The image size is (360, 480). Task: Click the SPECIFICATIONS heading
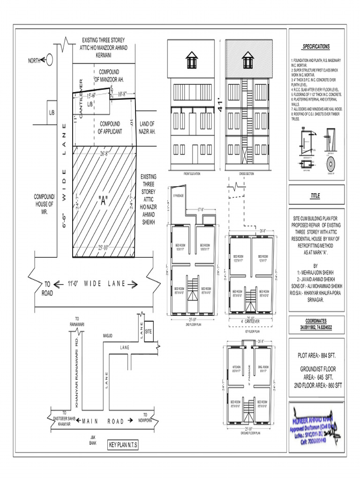coord(316,46)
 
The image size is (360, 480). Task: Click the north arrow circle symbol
coord(49,60)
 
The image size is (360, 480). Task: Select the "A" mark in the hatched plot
coord(103,201)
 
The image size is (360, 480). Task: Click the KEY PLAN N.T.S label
coord(123,444)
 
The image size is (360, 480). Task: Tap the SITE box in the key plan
coord(149,330)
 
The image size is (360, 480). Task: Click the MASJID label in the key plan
coord(108,336)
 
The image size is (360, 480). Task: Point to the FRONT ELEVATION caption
coord(192,173)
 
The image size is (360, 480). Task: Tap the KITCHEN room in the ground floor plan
coord(236,367)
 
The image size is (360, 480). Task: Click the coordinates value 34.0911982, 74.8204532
coord(316,327)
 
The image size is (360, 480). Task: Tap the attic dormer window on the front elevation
coord(192,60)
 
